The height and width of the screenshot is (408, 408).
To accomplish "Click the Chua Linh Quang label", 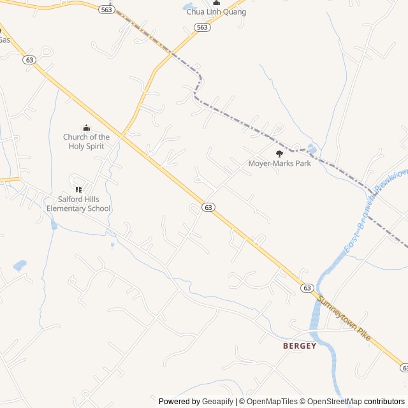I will click(x=216, y=12).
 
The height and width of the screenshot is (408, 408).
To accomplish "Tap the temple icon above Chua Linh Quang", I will click(x=216, y=3).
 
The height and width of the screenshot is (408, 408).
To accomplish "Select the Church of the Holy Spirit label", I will click(x=86, y=142).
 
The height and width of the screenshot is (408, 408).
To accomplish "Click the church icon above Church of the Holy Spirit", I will click(x=86, y=128).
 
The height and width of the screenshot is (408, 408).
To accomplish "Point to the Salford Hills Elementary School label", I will click(x=79, y=204).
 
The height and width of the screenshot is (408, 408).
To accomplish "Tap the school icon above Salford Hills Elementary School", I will click(x=79, y=189).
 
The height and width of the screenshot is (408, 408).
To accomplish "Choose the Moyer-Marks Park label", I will click(x=279, y=163).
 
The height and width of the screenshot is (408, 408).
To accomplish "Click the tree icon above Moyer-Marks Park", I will click(x=279, y=153).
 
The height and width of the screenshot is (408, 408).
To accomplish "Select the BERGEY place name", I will click(x=300, y=346).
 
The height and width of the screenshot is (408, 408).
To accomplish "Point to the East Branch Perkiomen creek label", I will click(x=375, y=210).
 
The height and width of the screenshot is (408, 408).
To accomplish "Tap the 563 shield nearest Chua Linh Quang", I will click(x=202, y=27).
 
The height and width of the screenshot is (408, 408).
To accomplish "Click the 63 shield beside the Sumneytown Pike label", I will click(x=307, y=288).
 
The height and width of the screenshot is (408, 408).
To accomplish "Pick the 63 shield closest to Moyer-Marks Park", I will click(x=208, y=207).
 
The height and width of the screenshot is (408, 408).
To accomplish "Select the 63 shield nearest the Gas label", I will click(x=29, y=59).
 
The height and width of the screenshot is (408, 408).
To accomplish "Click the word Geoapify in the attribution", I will click(x=217, y=402).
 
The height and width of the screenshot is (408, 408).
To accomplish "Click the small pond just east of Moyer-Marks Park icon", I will click(x=311, y=149).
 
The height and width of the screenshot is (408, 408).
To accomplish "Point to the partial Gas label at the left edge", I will click(x=4, y=40).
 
